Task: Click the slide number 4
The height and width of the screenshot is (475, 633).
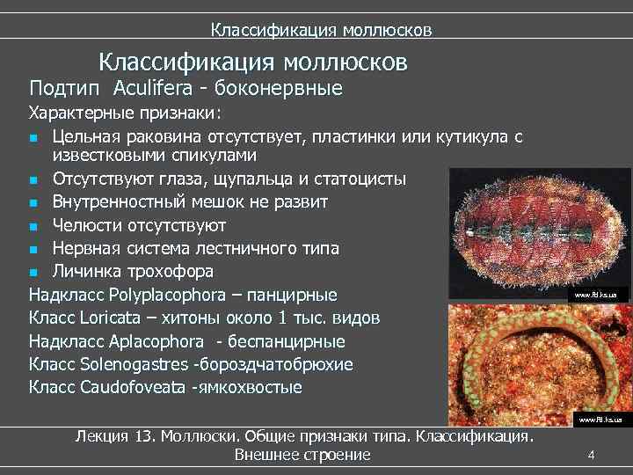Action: coord(591,455)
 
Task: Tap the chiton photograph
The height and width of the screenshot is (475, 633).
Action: coord(539,232)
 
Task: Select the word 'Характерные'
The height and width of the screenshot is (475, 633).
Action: coord(82,113)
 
